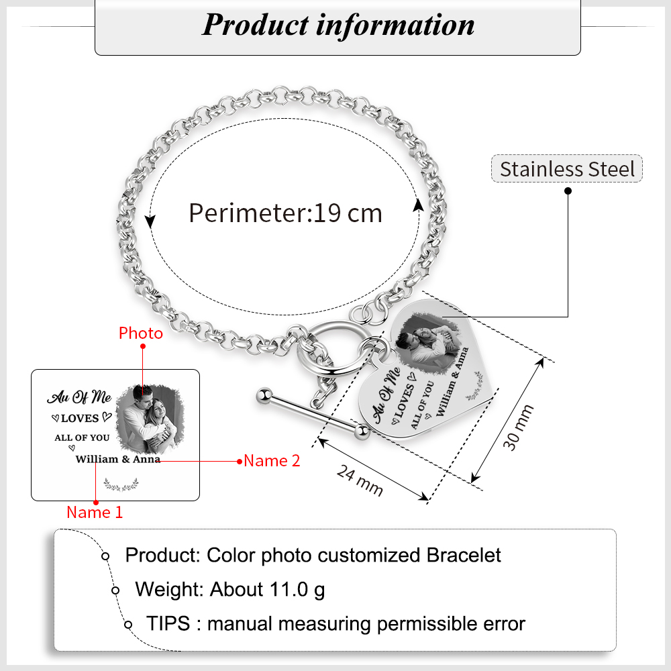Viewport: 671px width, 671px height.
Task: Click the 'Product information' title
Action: (x=338, y=25)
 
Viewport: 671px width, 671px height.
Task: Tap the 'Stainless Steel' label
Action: (x=567, y=168)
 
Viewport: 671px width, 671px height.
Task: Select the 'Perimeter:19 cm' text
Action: (x=285, y=213)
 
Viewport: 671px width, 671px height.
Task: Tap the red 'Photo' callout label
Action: (x=141, y=333)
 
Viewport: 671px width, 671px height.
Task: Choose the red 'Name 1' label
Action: (x=95, y=513)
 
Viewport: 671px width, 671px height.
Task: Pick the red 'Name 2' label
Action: (x=272, y=461)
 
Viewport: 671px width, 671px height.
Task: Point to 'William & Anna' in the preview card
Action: (x=117, y=460)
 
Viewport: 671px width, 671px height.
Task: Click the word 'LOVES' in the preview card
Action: (x=80, y=419)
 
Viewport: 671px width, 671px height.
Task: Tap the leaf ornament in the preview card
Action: (x=121, y=483)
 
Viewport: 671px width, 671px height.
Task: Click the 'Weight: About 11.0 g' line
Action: (x=230, y=590)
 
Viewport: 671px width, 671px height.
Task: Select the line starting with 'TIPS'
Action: (x=335, y=623)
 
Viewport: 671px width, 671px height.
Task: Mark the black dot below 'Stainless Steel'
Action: (x=568, y=191)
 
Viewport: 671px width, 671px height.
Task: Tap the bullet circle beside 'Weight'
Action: (x=115, y=590)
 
